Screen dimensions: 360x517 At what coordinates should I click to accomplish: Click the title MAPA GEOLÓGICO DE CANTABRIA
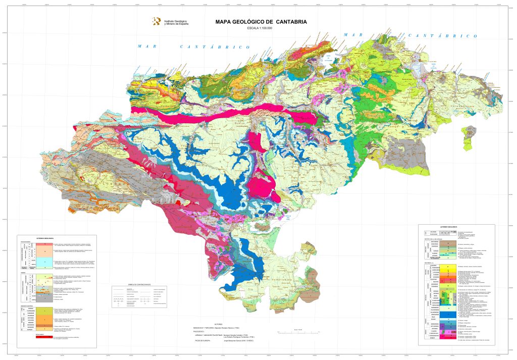click(x=261, y=22)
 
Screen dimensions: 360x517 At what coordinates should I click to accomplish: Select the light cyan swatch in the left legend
click(x=45, y=261)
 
